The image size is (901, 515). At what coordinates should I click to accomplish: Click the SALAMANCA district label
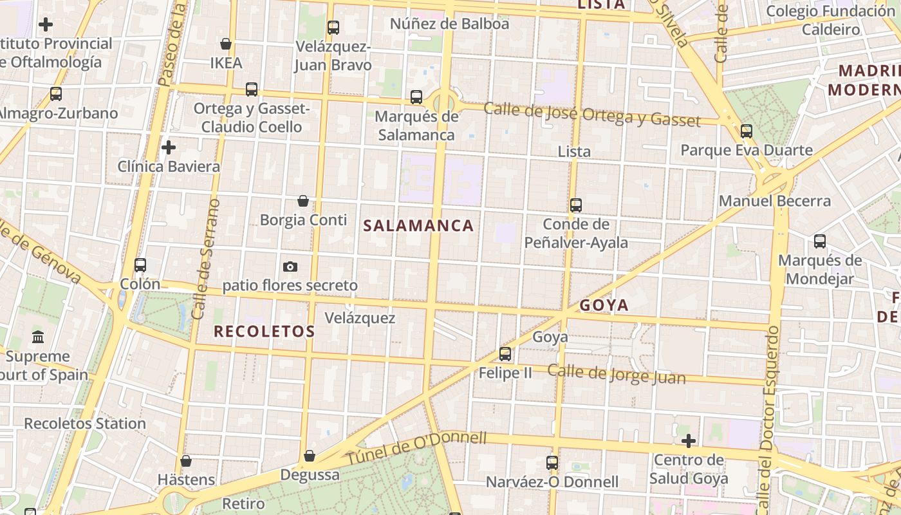pyautogui.click(x=418, y=225)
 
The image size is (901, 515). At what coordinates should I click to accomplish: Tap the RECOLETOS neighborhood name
pyautogui.click(x=264, y=332)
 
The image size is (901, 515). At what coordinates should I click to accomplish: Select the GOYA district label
pyautogui.click(x=604, y=305)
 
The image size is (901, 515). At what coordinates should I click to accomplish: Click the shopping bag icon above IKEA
pyautogui.click(x=226, y=44)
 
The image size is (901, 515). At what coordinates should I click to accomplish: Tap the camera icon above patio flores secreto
pyautogui.click(x=290, y=267)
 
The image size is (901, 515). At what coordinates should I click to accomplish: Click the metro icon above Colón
pyautogui.click(x=140, y=265)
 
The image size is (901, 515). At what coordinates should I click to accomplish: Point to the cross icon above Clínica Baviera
pyautogui.click(x=169, y=147)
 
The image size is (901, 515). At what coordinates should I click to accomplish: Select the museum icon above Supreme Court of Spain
pyautogui.click(x=38, y=337)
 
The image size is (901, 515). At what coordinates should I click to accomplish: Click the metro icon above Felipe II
pyautogui.click(x=505, y=354)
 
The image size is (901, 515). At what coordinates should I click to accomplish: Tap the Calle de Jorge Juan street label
pyautogui.click(x=617, y=374)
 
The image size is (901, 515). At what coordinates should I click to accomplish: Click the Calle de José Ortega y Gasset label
pyautogui.click(x=592, y=114)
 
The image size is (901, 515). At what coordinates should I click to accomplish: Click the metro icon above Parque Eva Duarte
pyautogui.click(x=747, y=131)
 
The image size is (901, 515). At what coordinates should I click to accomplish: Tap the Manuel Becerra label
pyautogui.click(x=775, y=201)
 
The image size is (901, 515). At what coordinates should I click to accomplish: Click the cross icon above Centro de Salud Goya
pyautogui.click(x=689, y=441)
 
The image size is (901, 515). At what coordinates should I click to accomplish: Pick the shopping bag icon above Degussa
pyautogui.click(x=310, y=456)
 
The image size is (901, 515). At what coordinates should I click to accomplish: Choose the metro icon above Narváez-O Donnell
pyautogui.click(x=552, y=463)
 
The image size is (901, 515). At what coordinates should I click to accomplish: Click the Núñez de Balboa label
pyautogui.click(x=450, y=24)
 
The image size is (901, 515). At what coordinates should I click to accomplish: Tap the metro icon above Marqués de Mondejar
pyautogui.click(x=820, y=241)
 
